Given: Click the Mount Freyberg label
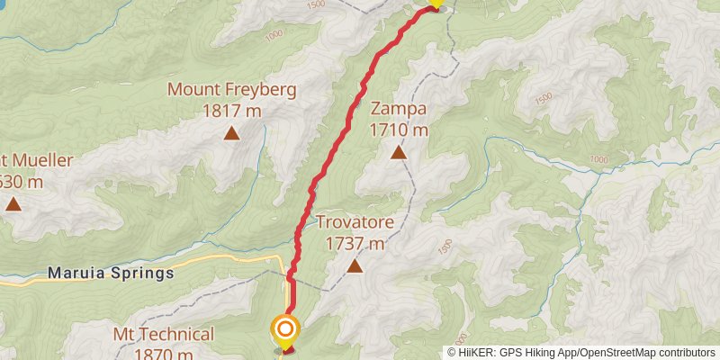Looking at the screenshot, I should [x=231, y=91].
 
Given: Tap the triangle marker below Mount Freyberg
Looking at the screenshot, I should [x=231, y=134].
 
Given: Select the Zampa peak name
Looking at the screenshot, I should [x=398, y=110].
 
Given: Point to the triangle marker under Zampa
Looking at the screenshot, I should [x=398, y=152].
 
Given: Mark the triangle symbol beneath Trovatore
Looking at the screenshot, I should [x=355, y=265].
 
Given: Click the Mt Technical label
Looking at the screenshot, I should [x=164, y=335].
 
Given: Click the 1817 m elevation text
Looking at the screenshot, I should [x=231, y=111].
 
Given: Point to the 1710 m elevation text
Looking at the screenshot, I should [x=398, y=130].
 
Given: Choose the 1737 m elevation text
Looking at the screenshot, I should [x=355, y=243].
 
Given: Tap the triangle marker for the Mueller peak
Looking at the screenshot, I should [x=13, y=203].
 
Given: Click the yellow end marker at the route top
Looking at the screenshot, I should [x=436, y=3].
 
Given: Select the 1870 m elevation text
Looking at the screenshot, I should [x=164, y=354].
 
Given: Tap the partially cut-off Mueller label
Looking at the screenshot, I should [x=36, y=161].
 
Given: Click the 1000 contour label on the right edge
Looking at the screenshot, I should [x=598, y=159].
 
